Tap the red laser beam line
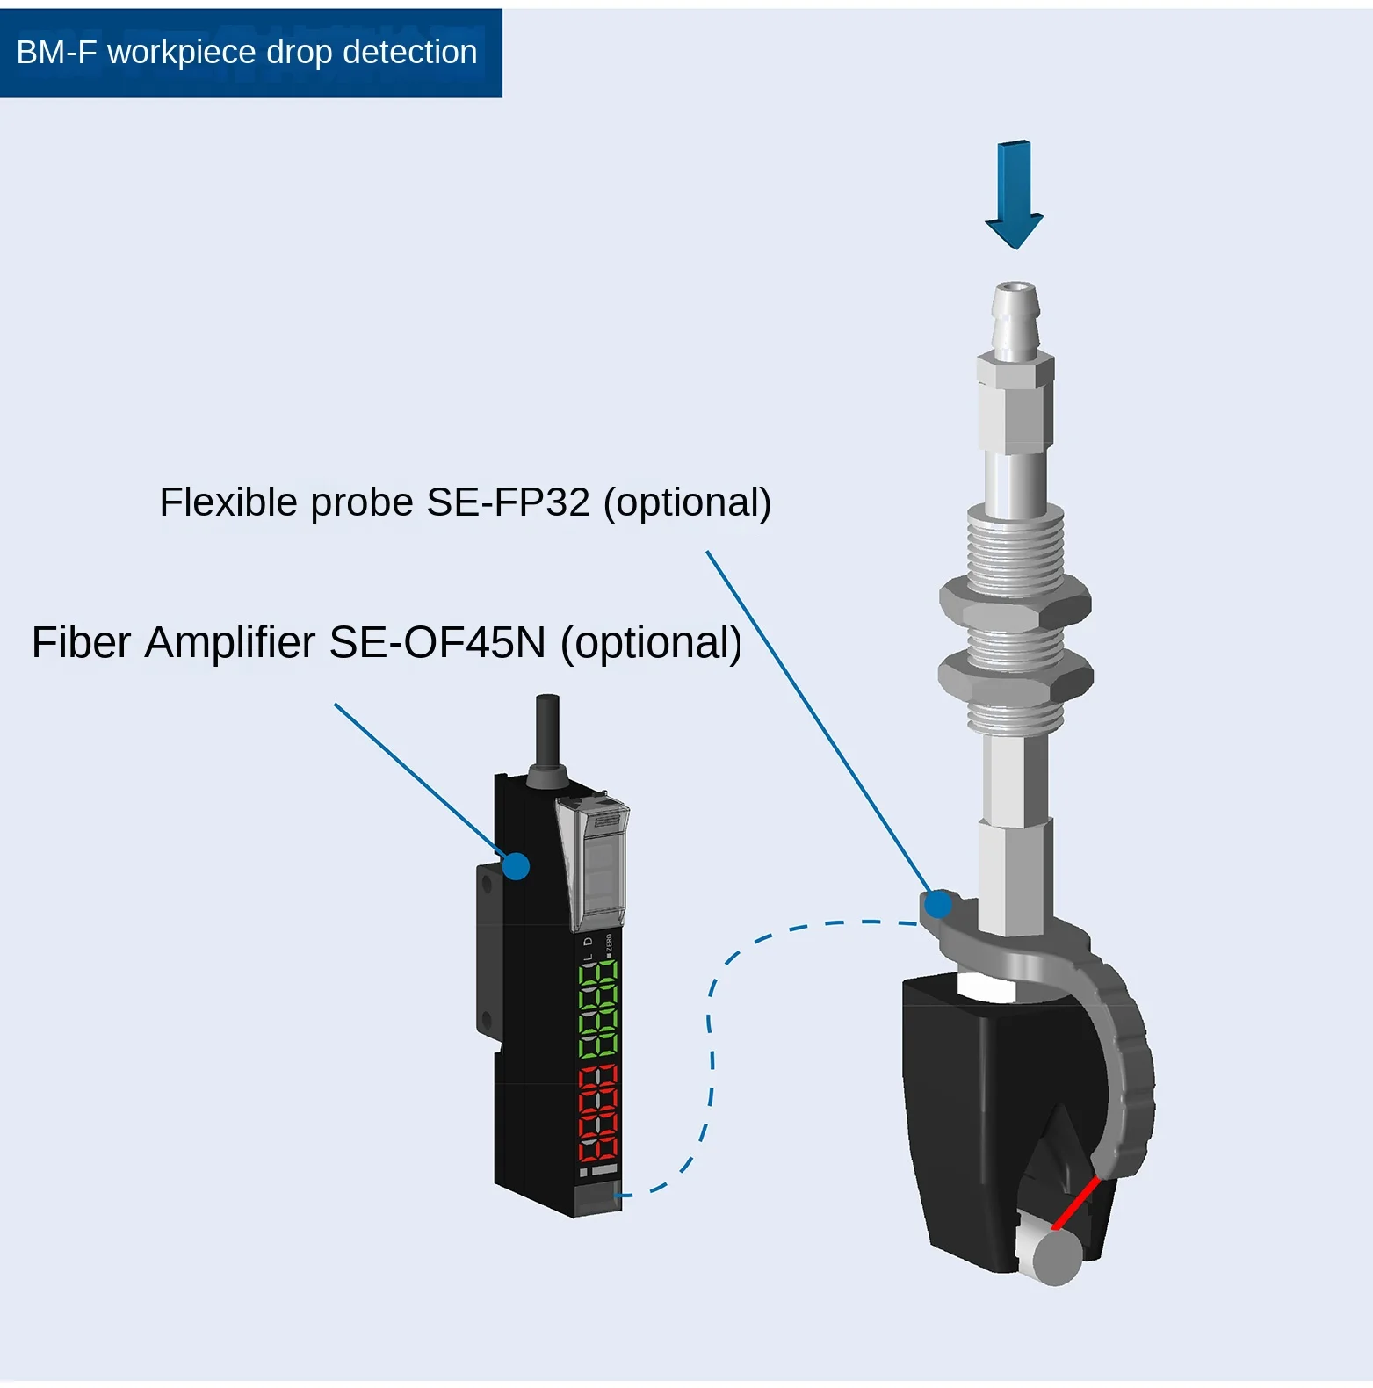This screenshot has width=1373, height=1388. [1076, 1203]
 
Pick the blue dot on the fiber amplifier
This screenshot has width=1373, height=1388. [517, 866]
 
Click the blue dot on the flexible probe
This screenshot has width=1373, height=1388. [938, 904]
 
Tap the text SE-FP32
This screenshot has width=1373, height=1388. [508, 502]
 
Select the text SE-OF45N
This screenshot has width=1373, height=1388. [437, 642]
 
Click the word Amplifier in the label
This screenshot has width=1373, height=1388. [230, 642]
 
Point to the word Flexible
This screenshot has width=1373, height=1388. [228, 502]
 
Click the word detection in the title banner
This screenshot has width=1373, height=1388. [409, 53]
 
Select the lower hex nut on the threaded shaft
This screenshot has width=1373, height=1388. [1015, 677]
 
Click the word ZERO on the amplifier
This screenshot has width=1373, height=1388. [610, 944]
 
